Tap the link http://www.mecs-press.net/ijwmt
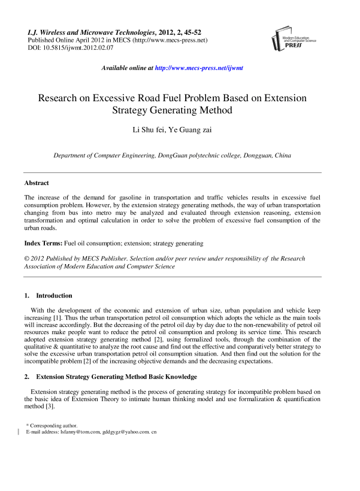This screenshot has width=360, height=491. [199, 68]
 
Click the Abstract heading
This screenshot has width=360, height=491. [37, 183]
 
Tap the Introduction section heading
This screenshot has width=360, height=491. [54, 296]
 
